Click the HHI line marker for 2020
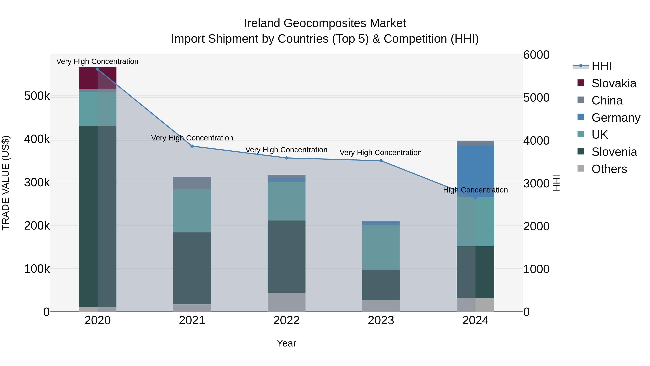pos(98,69)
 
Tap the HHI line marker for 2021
pos(192,146)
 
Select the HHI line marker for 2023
pos(381,161)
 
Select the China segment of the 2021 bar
pos(192,183)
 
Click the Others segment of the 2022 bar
pos(286,302)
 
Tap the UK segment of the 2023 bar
pos(381,248)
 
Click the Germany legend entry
pos(616,118)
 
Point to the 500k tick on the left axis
pos(37,96)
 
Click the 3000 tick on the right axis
pos(536,184)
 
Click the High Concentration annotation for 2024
pos(475,190)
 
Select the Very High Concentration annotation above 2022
pos(286,150)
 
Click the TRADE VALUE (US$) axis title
pos(6,183)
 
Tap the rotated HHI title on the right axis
pos(556,183)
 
